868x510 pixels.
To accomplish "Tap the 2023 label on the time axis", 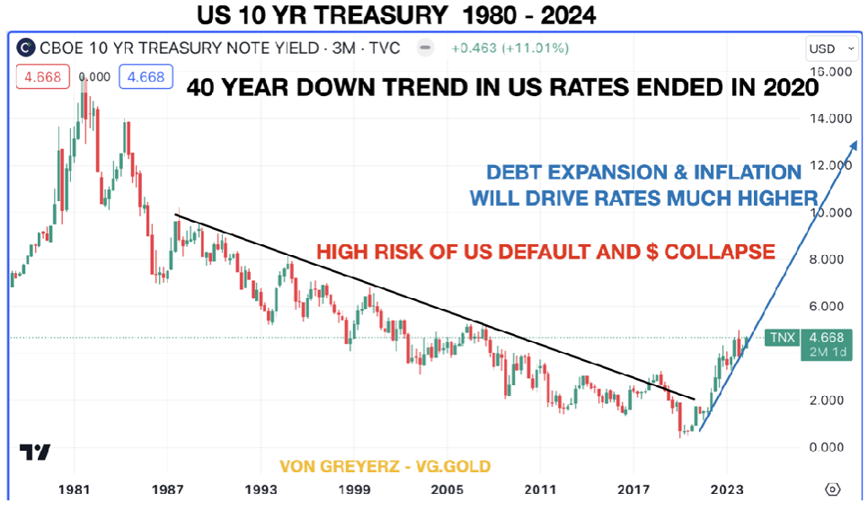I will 726,490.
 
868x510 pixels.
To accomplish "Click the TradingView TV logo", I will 35,453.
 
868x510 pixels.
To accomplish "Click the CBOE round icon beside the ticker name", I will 28,48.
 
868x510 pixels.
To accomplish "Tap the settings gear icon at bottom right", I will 832,489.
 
